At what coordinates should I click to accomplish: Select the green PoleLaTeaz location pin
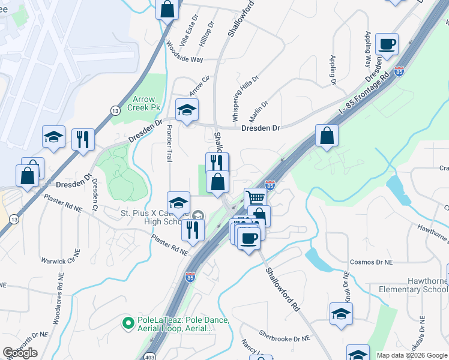[x=128, y=323]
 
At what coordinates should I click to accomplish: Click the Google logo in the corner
[x=20, y=353]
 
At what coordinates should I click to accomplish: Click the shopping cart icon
[x=256, y=197]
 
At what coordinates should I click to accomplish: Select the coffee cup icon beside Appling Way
[x=387, y=43]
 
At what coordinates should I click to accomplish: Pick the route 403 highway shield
[x=150, y=356]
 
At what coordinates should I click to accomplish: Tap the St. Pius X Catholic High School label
[x=154, y=217]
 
